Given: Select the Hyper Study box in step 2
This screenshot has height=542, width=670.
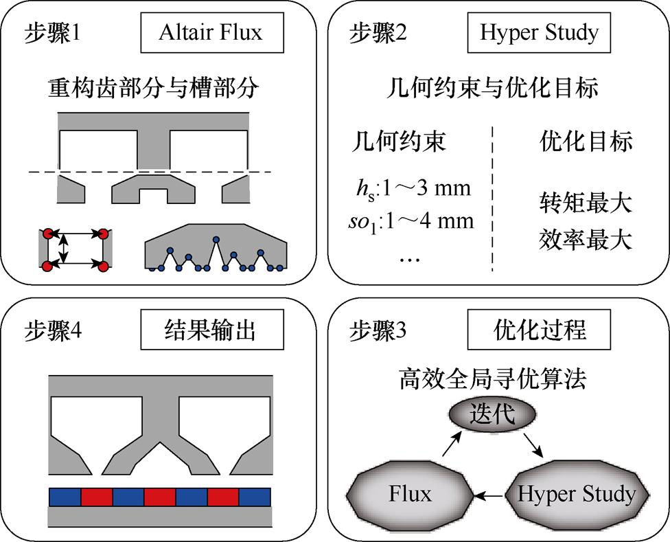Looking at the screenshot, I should tap(539, 32).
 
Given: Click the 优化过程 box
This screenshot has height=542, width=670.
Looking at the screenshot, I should tap(539, 330).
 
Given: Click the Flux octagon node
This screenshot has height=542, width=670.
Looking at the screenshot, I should tap(410, 493).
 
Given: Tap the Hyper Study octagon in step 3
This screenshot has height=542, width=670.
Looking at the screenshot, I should tap(575, 493).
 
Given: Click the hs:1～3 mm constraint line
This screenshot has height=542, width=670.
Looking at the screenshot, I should tap(411, 188).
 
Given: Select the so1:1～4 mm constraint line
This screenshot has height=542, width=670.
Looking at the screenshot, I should tap(411, 222).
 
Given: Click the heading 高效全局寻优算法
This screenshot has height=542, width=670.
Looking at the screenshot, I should tap(492, 379).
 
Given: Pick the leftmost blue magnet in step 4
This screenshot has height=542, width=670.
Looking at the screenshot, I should tap(65, 497).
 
